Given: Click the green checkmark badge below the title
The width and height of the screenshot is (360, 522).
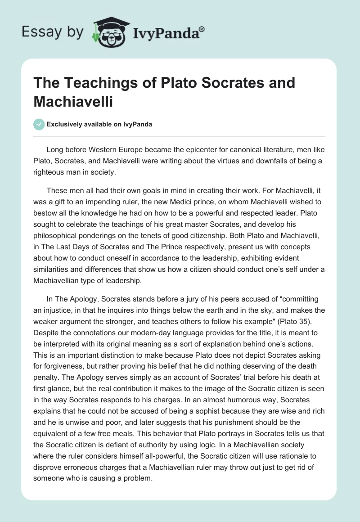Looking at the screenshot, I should (40, 125).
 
